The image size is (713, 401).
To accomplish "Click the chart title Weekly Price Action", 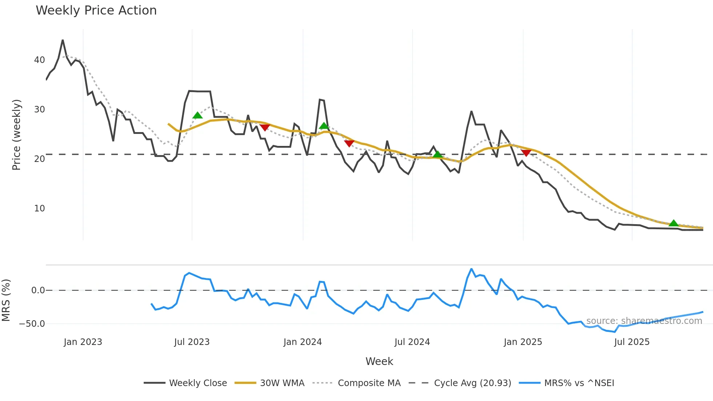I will pos(96,10).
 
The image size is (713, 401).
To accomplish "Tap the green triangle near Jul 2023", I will pos(197,115).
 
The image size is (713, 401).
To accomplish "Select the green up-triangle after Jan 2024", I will pos(324,126).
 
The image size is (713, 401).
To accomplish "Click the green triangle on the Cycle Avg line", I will pos(438,154).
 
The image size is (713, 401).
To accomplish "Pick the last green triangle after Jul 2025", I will pos(673,223).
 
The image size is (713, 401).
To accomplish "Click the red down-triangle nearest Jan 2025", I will pos(526,152).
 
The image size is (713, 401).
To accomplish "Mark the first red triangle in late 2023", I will pos(265,127).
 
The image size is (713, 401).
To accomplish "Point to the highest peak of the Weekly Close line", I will pos(63,40).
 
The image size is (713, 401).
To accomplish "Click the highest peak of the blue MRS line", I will pos(471,269).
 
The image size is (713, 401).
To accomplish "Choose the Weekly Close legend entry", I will pos(186,383).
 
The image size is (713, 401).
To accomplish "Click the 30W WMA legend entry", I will pos(270,383).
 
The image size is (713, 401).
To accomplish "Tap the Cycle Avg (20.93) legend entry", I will pos(460,383).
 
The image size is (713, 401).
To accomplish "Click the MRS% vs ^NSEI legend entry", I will pos(567,383).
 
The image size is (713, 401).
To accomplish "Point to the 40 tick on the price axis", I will pos(39,60).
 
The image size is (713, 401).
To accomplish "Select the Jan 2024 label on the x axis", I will pos(303,342).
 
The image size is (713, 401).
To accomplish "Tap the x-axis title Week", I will pos(379,361).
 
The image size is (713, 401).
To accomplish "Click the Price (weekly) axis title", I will pos(16,135).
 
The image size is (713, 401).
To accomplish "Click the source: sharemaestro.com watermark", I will pos(644,321).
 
